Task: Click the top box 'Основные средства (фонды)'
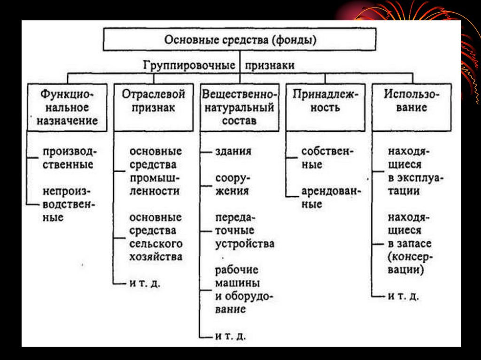(x=240, y=40)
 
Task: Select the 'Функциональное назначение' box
(x=67, y=107)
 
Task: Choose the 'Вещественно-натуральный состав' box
(x=239, y=107)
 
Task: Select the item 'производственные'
(x=68, y=158)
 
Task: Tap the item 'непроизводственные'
(x=68, y=205)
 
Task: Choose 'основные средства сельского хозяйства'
(x=156, y=237)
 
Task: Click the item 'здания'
(x=233, y=152)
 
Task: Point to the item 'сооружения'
(x=232, y=185)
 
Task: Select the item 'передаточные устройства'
(x=244, y=231)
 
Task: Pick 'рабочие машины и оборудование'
(x=244, y=290)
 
